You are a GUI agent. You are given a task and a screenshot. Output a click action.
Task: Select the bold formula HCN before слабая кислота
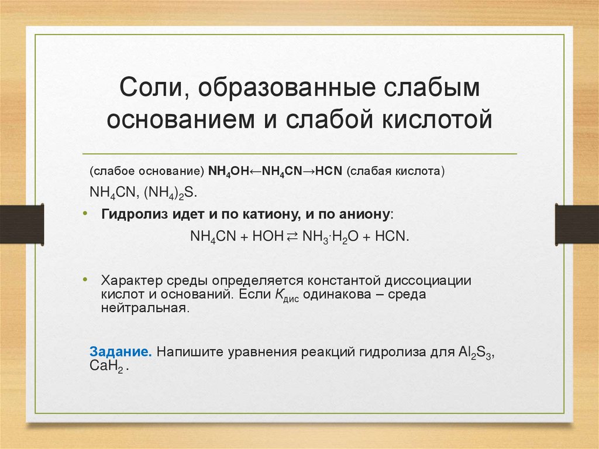(330, 172)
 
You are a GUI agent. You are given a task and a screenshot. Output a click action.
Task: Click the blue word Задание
(121, 353)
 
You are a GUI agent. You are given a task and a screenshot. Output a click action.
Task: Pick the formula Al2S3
(474, 354)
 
